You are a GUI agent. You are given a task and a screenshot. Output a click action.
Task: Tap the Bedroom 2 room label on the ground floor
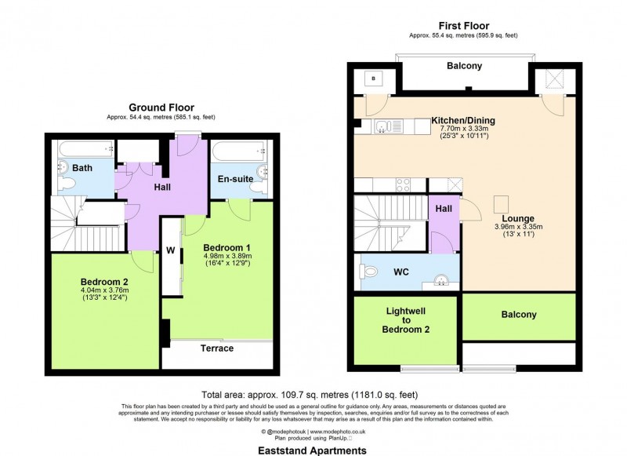(x=103, y=281)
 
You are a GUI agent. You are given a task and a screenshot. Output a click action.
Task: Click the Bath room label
(x=82, y=168)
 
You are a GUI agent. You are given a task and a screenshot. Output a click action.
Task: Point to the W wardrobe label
(x=169, y=252)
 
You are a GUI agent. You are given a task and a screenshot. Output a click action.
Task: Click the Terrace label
(x=217, y=348)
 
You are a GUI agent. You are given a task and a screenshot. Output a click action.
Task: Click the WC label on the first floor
(x=401, y=272)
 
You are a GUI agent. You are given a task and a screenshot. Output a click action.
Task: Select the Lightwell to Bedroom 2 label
(x=407, y=320)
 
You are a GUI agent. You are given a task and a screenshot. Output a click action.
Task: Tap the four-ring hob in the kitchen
(x=404, y=185)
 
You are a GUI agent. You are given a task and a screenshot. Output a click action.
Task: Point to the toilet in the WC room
(x=372, y=272)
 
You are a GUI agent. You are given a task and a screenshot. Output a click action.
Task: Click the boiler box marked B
(x=374, y=78)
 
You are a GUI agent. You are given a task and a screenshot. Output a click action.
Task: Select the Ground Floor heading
(x=161, y=108)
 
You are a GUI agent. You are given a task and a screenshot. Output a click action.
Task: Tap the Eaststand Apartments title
(x=313, y=451)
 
